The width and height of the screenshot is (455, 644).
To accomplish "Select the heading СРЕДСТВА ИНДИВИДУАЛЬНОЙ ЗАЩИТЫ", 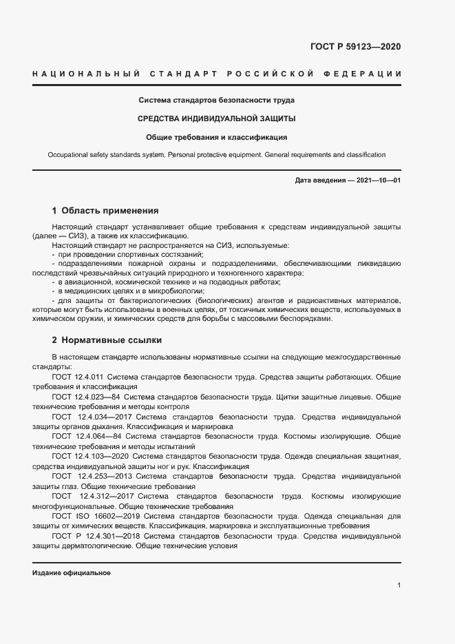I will click(217, 118).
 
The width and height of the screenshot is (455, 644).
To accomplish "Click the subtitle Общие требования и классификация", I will click(217, 136).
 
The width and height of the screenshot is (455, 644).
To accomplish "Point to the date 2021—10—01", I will click(377, 180).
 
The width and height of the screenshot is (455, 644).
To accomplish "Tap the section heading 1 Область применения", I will click(105, 211).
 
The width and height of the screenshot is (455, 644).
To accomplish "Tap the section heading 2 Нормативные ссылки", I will click(108, 340).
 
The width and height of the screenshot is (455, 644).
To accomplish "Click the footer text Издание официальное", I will click(72, 573).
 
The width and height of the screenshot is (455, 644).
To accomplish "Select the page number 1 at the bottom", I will click(399, 585).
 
